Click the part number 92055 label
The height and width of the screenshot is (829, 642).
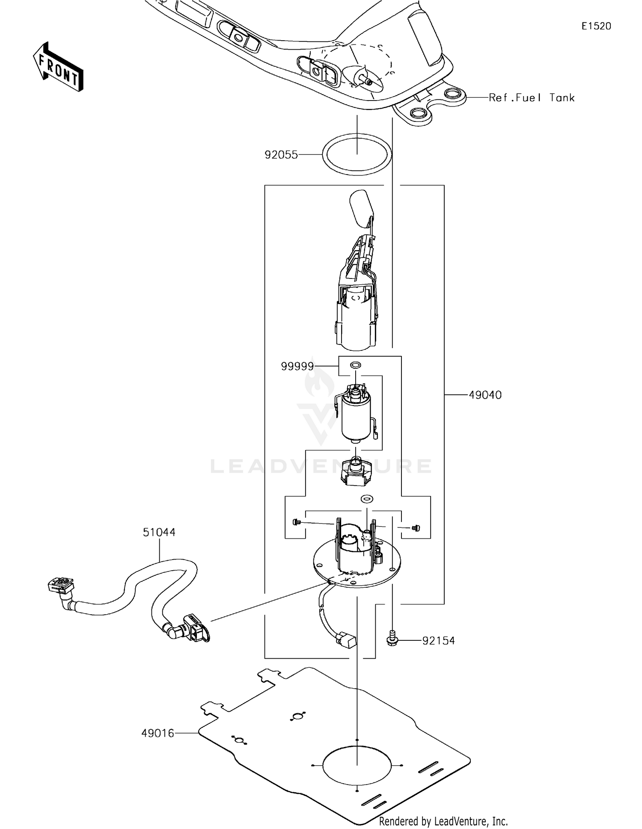pos(281,155)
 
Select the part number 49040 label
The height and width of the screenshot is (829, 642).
pos(485,395)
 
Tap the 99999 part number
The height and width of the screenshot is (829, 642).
pos(297,367)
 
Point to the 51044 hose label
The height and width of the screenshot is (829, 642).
pos(159,533)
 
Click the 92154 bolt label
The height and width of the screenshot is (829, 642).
pos(438,641)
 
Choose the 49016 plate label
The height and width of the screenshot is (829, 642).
pos(158,734)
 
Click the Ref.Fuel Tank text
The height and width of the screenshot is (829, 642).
pos(531,98)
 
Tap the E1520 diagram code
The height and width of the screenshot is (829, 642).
pos(596,26)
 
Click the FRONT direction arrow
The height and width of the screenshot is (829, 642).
pos(58,68)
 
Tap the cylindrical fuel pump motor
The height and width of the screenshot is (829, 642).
pos(356,413)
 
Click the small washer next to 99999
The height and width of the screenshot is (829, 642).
pos(356,365)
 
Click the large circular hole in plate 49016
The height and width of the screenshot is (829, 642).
pos(357,765)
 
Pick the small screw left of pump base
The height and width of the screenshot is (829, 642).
pos(295,522)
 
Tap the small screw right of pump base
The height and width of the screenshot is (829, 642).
pos(415,528)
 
